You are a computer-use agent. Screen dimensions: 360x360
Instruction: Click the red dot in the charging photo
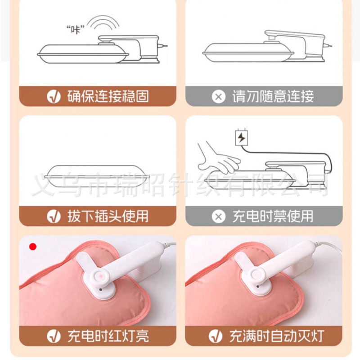tap(33, 247)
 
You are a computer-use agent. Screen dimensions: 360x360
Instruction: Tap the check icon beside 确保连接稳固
tap(54, 96)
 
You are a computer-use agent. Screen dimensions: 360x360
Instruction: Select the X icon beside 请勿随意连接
tap(219, 96)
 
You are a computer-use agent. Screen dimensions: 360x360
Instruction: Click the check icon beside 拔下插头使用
tap(54, 216)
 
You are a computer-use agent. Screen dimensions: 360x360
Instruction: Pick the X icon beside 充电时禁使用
tap(219, 216)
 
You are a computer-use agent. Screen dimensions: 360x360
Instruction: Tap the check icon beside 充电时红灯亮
tap(54, 336)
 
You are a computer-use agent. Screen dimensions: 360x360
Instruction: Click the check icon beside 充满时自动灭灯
tap(216, 336)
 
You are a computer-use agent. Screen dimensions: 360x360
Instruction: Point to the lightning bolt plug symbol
tap(242, 137)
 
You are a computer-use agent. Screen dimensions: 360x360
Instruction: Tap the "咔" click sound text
tap(76, 29)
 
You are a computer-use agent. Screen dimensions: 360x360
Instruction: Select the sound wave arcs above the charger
tap(105, 22)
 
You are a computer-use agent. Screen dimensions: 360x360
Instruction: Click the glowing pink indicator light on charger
tap(100, 275)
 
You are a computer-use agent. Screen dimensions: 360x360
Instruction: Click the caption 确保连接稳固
tap(108, 96)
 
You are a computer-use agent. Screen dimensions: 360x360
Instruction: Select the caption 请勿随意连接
tap(273, 96)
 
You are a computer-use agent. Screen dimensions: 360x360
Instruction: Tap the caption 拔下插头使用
tap(108, 216)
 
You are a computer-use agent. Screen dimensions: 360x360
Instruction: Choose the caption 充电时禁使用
tap(273, 216)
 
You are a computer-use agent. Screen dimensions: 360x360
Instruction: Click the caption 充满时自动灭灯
tap(277, 336)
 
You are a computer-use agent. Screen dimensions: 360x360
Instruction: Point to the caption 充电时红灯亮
tap(108, 336)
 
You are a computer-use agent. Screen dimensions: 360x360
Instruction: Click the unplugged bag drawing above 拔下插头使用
tap(97, 176)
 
